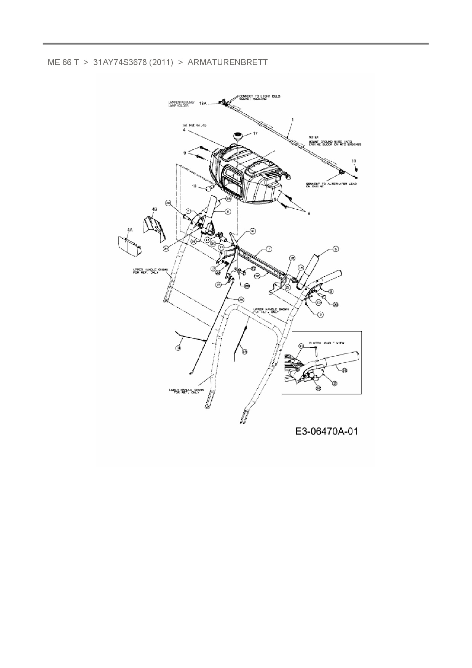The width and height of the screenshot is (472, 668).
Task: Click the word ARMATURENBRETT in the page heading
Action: click(x=227, y=62)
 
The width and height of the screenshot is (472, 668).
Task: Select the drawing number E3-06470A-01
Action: click(x=326, y=431)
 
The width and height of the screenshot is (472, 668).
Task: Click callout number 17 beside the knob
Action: click(x=255, y=133)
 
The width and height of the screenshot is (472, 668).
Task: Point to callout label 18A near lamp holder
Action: click(x=203, y=103)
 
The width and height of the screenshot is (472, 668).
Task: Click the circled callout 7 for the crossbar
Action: click(x=269, y=249)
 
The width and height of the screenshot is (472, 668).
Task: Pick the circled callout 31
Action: click(x=253, y=231)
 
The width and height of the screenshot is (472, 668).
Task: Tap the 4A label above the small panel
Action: click(x=130, y=230)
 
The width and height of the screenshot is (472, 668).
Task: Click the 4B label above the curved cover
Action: click(x=154, y=209)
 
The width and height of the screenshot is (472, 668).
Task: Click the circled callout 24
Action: click(x=166, y=248)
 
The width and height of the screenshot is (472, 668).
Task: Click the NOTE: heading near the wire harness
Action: click(x=313, y=136)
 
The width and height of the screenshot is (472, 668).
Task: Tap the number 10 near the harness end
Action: click(x=354, y=161)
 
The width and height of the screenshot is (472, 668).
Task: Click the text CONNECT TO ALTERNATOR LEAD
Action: click(x=331, y=184)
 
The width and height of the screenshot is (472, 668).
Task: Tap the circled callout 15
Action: click(x=218, y=284)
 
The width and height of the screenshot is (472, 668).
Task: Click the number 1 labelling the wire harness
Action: click(x=292, y=120)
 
